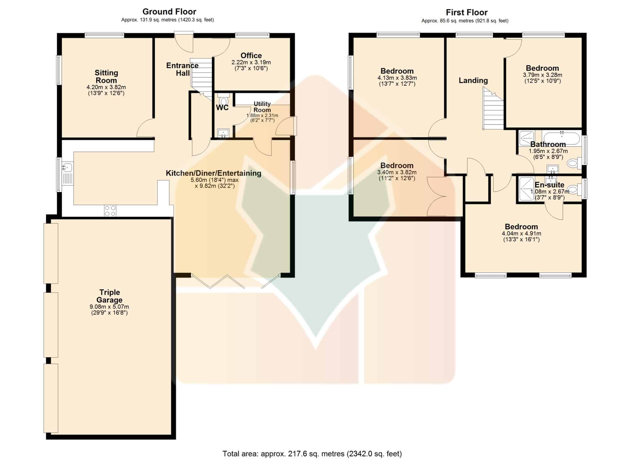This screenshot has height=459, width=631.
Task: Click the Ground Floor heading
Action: tap(169, 12)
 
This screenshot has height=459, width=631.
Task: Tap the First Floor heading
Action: tap(466, 13)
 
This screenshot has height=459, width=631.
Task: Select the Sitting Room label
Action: tap(106, 76)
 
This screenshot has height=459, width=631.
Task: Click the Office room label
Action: tap(251, 55)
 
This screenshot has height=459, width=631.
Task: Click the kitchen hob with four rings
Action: tap(110, 211)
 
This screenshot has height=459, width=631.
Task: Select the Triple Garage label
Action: tap(109, 296)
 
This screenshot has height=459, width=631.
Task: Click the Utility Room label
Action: tap(262, 107)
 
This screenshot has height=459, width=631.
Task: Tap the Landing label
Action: tap(473, 80)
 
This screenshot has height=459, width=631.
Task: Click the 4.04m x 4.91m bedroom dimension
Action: tap(521, 234)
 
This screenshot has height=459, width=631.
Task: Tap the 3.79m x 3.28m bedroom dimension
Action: tap(542, 75)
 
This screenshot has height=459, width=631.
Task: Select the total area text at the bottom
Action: tap(312, 453)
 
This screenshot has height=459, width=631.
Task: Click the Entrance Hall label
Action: tap(182, 69)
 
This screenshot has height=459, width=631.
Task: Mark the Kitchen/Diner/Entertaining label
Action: tap(214, 173)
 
